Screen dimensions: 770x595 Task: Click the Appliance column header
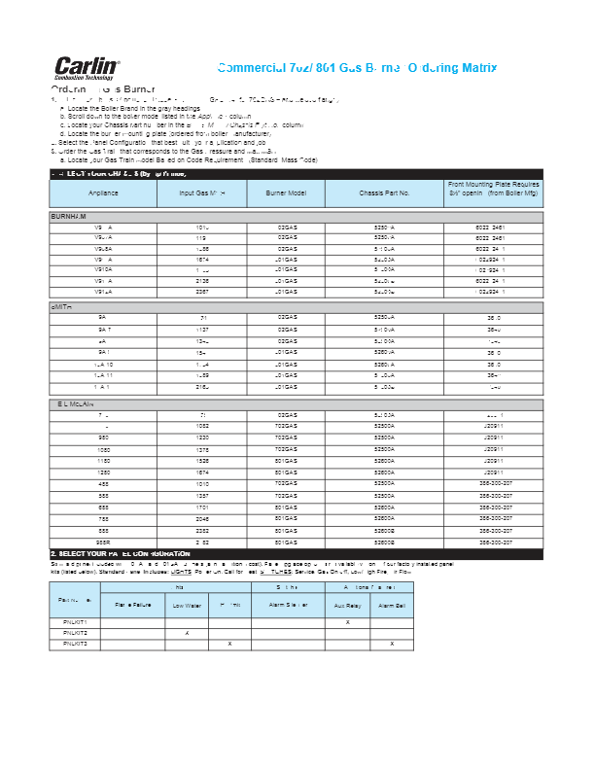pos(102,193)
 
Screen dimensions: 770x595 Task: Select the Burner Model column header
pos(287,193)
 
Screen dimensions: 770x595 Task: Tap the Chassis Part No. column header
pos(384,193)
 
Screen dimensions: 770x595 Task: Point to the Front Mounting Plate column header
pos(494,189)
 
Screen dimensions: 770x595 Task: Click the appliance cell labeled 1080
pos(103,450)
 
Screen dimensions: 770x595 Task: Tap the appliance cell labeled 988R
pos(103,542)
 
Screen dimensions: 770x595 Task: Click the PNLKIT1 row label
pos(75,621)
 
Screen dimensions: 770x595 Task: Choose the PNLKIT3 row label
pos(75,643)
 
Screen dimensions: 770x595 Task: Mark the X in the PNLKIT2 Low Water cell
pos(186,632)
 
